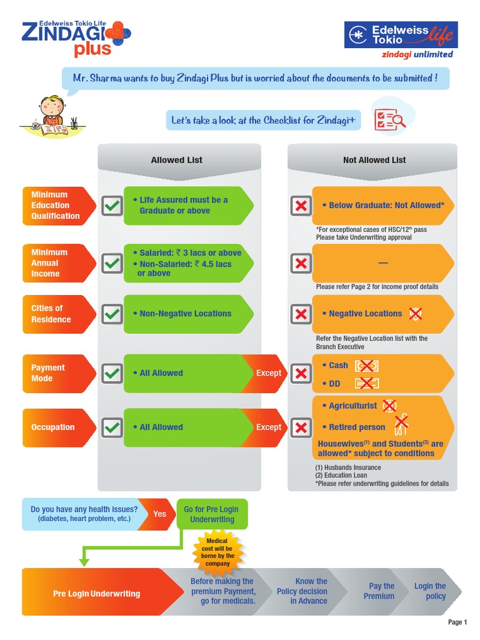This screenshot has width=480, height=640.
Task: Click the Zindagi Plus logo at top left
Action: click(x=75, y=37)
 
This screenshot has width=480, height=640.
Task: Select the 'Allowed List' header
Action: click(x=177, y=160)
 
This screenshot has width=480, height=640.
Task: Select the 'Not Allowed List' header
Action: click(x=374, y=160)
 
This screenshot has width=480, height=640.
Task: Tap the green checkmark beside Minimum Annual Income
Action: click(x=112, y=263)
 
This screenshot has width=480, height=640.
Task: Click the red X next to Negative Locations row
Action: click(x=301, y=314)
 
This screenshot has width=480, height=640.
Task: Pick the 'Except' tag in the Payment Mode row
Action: click(x=269, y=373)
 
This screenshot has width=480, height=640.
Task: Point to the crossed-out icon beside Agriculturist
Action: click(x=389, y=406)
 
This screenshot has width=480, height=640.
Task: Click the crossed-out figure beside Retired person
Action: click(x=401, y=425)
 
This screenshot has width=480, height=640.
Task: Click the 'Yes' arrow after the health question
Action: click(x=160, y=514)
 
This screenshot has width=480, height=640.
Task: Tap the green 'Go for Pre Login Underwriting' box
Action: click(x=212, y=514)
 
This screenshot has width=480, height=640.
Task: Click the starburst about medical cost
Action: click(x=218, y=552)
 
